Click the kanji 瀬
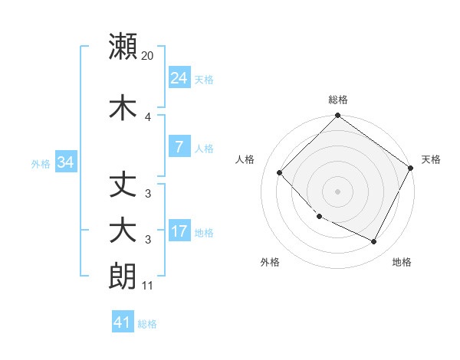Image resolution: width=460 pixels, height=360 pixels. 123,47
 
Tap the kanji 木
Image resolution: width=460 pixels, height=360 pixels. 123,108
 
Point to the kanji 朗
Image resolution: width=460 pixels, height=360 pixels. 123,277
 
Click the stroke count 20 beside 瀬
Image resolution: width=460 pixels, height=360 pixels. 148,56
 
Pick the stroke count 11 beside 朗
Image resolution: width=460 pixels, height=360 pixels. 148,286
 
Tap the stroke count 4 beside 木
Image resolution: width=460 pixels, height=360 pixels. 148,117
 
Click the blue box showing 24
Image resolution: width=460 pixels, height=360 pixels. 179,78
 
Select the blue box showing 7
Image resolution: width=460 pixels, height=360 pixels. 179,147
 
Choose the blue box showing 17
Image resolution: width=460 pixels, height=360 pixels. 179,231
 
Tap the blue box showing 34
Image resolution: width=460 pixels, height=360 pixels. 65,162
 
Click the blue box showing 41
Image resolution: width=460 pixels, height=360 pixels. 123,322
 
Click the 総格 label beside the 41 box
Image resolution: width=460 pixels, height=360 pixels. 147,324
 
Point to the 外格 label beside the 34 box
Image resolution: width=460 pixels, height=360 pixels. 41,163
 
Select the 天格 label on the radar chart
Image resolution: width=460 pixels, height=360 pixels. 431,159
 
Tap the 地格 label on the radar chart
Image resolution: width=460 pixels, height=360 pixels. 402,262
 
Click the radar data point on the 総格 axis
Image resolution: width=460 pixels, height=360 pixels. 337,116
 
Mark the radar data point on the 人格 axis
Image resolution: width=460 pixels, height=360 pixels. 280,172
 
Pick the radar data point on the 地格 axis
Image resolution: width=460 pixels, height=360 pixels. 374,242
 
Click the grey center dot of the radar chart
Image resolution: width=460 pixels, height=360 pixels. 337,191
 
